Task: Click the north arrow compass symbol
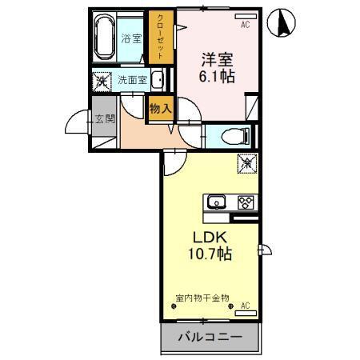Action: pos(282,23)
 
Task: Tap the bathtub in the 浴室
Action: pos(105,37)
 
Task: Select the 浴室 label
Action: pos(130,38)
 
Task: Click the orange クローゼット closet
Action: pos(160,37)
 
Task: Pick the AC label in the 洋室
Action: pos(245,26)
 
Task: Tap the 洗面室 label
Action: pos(132,80)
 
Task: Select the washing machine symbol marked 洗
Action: pos(102,80)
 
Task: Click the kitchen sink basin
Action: pos(216,202)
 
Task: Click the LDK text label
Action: pos(210,237)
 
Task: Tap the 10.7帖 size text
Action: pos(210,255)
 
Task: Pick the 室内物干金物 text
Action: pos(202,298)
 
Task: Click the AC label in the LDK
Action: pos(245,305)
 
